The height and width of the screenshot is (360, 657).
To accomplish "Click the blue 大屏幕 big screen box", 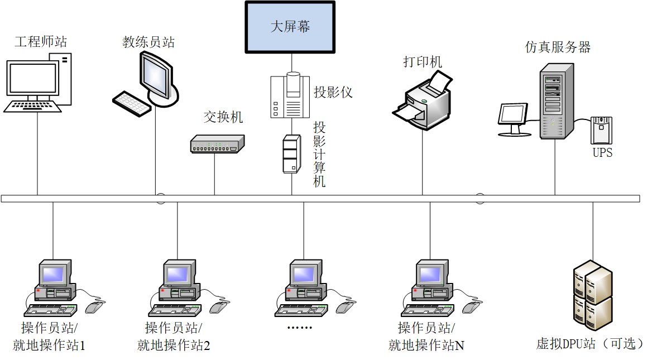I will pyautogui.click(x=290, y=27).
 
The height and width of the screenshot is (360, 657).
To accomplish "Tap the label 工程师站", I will pyautogui.click(x=41, y=42).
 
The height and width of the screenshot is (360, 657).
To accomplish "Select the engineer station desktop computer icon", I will pyautogui.click(x=38, y=83).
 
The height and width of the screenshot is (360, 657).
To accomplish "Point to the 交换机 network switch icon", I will pyautogui.click(x=217, y=145).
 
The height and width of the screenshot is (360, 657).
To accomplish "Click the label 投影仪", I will pyautogui.click(x=333, y=92).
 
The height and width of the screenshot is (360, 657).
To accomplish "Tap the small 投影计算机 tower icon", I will pyautogui.click(x=290, y=153).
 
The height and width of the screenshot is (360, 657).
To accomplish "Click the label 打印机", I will pyautogui.click(x=423, y=61).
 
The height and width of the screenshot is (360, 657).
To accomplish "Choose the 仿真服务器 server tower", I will pyautogui.click(x=556, y=101).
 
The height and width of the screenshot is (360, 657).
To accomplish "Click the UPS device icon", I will pyautogui.click(x=602, y=131).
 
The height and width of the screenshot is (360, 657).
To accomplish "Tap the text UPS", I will pyautogui.click(x=602, y=152).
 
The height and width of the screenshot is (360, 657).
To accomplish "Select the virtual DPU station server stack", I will pyautogui.click(x=592, y=296).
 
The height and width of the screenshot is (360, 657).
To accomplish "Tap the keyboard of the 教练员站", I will pyautogui.click(x=131, y=104).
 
